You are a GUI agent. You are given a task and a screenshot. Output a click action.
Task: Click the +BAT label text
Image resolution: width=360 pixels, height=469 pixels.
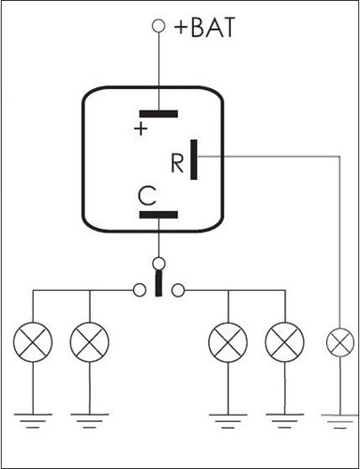click(x=204, y=27)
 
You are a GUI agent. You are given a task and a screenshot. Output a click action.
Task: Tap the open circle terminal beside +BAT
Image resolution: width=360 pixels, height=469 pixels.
click(x=158, y=26)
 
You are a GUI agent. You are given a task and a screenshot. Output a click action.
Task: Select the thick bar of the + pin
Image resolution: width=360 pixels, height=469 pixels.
click(x=158, y=113)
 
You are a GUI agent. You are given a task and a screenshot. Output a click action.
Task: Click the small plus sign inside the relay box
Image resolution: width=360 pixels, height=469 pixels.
click(x=141, y=129)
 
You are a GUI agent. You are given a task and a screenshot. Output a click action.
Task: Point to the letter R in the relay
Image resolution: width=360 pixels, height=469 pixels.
click(x=177, y=163)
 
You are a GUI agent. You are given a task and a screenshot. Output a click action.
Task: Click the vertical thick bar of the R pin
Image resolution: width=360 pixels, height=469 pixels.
click(x=194, y=159)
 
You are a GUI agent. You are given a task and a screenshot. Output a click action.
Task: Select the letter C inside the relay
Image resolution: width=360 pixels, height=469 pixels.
click(x=147, y=196)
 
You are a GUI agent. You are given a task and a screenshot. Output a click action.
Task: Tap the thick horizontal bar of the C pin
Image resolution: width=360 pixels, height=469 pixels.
click(x=158, y=215)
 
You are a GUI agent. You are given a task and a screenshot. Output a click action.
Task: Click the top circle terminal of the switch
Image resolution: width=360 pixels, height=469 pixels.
click(x=159, y=264)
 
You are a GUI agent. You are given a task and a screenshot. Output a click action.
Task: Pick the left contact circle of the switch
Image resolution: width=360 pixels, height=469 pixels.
click(x=140, y=290)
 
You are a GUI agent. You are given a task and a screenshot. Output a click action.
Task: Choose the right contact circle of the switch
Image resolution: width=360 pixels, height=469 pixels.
click(x=178, y=291)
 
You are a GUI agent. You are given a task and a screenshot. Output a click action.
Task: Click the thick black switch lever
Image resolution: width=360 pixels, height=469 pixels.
click(x=159, y=283)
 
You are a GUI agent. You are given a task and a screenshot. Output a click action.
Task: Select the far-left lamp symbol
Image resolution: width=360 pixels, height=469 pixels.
click(x=33, y=342)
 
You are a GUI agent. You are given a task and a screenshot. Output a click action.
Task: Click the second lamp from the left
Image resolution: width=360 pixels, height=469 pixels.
click(x=90, y=342)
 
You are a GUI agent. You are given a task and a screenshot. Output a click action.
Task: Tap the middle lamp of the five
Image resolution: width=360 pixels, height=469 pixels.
click(x=228, y=342)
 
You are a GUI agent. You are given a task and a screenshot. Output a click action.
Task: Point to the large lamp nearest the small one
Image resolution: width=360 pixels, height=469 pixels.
click(x=285, y=342)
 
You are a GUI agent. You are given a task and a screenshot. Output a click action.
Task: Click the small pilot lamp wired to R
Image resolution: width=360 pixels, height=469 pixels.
click(x=340, y=342)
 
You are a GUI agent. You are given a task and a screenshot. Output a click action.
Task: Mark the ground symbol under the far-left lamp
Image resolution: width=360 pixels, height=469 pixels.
click(x=33, y=421)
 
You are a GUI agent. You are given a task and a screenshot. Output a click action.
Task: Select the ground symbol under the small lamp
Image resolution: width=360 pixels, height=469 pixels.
click(x=340, y=422)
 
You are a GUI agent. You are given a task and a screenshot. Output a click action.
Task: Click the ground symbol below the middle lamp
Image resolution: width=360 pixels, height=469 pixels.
click(x=228, y=421)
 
